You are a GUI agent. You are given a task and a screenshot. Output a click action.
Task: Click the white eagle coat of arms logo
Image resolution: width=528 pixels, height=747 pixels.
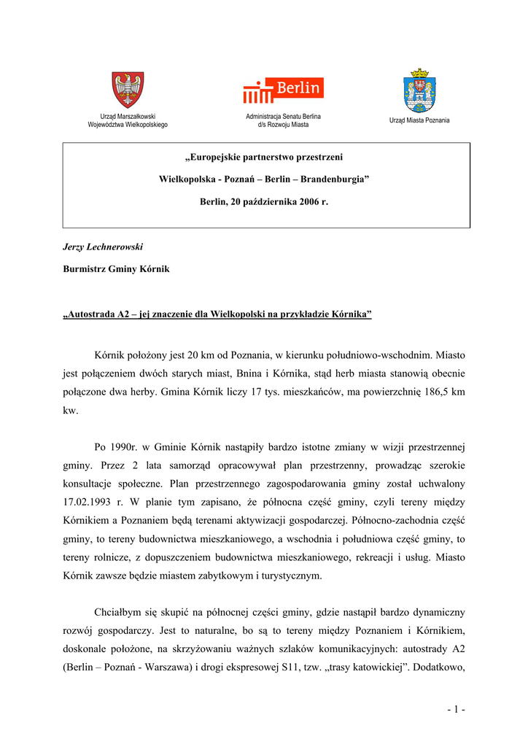128,90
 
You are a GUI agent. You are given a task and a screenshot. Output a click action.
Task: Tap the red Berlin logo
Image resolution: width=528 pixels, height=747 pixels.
283,90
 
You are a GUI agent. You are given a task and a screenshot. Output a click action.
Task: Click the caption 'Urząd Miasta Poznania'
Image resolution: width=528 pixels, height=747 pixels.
419,120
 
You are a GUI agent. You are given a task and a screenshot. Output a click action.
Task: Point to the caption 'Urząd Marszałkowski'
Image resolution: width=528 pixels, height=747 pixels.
128,117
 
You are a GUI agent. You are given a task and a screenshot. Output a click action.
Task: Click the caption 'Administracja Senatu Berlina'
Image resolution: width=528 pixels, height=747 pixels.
283,117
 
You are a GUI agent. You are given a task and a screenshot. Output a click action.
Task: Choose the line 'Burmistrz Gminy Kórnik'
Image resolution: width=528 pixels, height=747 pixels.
116,269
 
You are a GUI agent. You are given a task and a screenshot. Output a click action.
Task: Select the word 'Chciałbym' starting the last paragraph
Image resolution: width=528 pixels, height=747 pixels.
118,612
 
